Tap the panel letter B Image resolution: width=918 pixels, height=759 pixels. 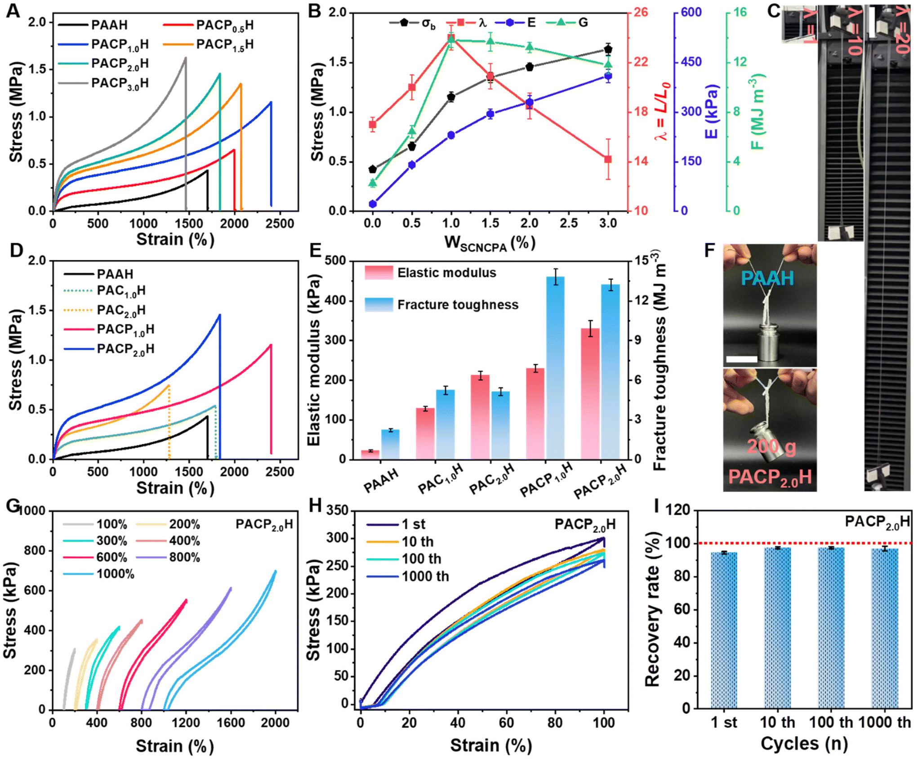[315, 11]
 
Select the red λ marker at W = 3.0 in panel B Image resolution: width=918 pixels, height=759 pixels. [608, 159]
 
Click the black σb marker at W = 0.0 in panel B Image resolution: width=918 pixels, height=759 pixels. [372, 169]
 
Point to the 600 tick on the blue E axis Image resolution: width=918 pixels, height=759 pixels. [691, 12]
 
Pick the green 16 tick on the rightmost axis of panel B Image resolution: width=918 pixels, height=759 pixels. [740, 12]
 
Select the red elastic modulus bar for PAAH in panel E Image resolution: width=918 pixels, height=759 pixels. [370, 455]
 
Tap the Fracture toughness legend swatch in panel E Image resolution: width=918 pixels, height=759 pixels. [379, 304]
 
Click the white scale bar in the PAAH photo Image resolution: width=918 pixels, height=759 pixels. [741, 358]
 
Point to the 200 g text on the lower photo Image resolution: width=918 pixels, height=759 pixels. [771, 446]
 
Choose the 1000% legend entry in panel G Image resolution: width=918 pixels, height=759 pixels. [99, 574]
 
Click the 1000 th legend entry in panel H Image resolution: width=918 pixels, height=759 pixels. [407, 576]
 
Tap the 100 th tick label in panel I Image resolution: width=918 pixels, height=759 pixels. [831, 722]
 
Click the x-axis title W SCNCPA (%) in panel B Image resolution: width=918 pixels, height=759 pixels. [490, 243]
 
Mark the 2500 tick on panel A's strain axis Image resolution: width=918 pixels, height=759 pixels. [280, 223]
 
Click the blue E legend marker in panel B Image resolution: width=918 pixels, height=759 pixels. [509, 22]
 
